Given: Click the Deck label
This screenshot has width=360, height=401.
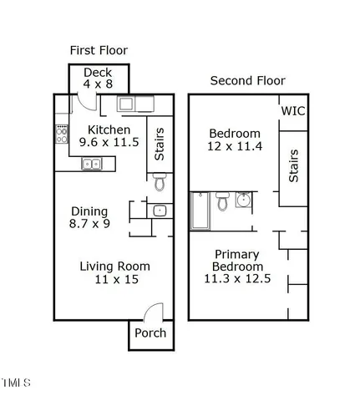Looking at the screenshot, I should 98,73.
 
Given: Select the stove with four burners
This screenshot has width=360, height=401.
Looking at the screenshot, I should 61,133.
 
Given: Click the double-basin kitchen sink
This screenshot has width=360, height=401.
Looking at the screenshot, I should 92,164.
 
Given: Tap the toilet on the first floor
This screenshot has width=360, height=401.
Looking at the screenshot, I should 159,183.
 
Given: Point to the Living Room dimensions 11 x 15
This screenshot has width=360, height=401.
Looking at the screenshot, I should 114,281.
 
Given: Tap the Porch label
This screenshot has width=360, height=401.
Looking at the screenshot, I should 150,333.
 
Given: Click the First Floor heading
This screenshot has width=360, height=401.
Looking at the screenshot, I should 99,50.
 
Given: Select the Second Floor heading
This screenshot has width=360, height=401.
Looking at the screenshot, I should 247,81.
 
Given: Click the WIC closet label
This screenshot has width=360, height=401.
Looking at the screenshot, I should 293,111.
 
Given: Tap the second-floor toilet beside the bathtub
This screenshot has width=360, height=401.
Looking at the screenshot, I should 222,202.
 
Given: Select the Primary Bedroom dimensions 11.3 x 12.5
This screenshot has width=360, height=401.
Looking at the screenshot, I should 237,279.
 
